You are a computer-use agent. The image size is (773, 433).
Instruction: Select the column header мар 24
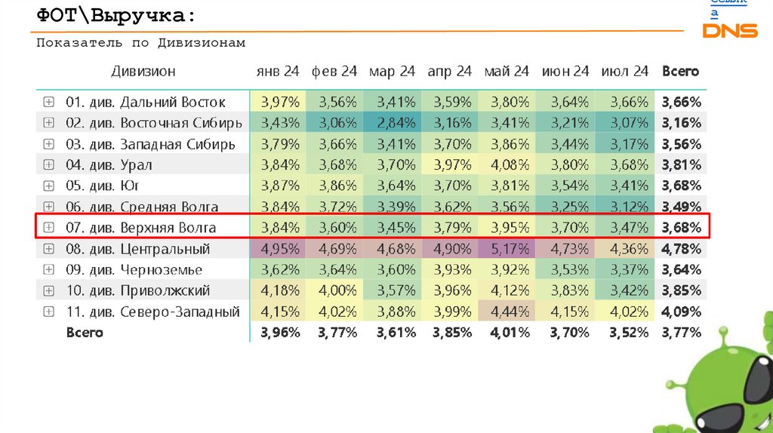tap(392, 72)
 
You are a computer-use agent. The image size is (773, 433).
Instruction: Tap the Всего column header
tap(680, 72)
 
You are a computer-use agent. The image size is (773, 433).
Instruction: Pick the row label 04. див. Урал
tap(109, 164)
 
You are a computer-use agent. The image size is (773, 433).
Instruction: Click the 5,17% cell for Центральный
tap(507, 249)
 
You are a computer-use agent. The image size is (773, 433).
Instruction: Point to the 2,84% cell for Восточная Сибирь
tap(392, 123)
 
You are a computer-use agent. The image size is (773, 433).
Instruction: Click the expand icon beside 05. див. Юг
tap(48, 186)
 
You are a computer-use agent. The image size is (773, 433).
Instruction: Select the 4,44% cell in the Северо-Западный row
tap(507, 312)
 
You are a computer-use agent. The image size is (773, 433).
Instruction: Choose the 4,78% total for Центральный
tap(681, 249)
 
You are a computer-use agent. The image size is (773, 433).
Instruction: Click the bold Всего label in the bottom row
tap(85, 332)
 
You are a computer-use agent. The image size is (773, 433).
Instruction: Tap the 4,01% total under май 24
tap(507, 332)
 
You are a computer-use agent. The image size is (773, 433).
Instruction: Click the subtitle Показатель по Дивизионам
tap(141, 43)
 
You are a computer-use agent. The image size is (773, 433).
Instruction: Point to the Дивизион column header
tap(143, 72)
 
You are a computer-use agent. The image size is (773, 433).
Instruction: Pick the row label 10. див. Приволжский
tap(137, 290)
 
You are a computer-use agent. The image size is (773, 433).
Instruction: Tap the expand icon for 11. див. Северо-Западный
tap(48, 312)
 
